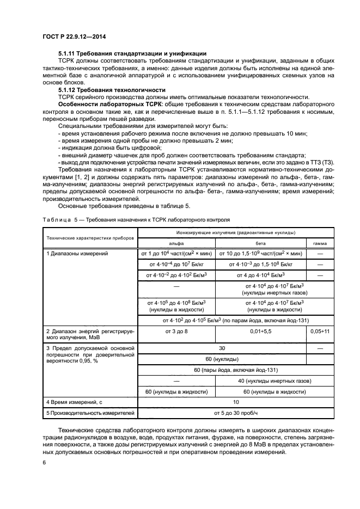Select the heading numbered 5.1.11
click(x=132, y=53)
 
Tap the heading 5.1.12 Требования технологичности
click(x=112, y=89)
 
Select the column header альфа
click(x=176, y=243)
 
